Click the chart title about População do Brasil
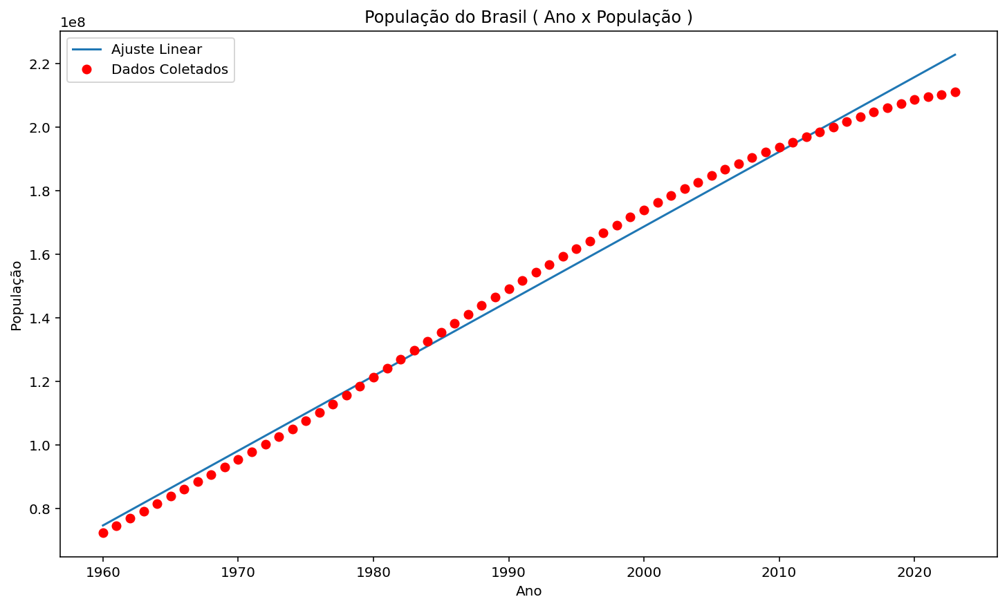pyautogui.click(x=528, y=17)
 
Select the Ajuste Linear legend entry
pyautogui.click(x=156, y=50)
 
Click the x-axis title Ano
pyautogui.click(x=528, y=591)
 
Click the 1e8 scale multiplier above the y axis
pyautogui.click(x=73, y=22)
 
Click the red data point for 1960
pyautogui.click(x=103, y=533)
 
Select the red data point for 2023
pyautogui.click(x=955, y=92)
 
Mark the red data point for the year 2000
pyautogui.click(x=644, y=210)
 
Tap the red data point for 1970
pyautogui.click(x=238, y=459)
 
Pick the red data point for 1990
pyautogui.click(x=509, y=289)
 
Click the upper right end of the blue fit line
pyautogui.click(x=955, y=55)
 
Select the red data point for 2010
pyautogui.click(x=779, y=147)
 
